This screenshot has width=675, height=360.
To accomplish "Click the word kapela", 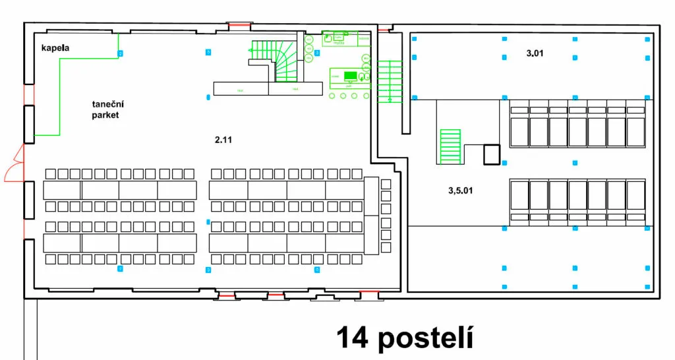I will [x=55, y=49].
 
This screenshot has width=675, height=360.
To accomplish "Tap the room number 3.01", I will [x=535, y=52].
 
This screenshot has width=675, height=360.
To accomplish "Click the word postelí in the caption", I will [x=426, y=338].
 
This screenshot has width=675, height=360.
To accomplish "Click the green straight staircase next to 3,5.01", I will [x=450, y=146].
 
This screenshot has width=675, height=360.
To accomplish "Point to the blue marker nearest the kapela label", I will [x=119, y=53].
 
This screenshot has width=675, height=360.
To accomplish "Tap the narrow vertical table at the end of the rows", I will [x=371, y=215].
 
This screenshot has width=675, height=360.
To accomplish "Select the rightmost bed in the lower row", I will [x=635, y=195].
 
